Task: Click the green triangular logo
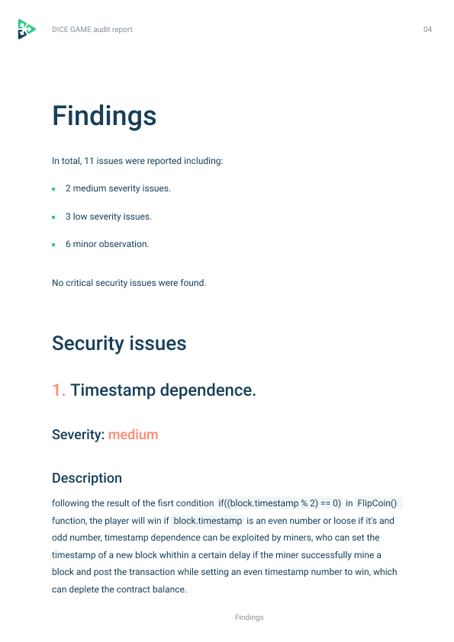26,29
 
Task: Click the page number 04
427,30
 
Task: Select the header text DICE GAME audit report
92,30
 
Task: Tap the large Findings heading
105,117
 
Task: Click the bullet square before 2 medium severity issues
53,189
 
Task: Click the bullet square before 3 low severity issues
53,217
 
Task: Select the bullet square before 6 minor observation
53,245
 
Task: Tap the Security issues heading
119,343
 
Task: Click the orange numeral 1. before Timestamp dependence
59,390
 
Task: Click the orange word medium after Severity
133,435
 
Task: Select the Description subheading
87,478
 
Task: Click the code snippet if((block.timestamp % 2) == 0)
280,503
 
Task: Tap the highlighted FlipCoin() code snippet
379,503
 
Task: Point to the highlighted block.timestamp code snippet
208,521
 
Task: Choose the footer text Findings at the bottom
250,618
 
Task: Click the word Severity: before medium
78,435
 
